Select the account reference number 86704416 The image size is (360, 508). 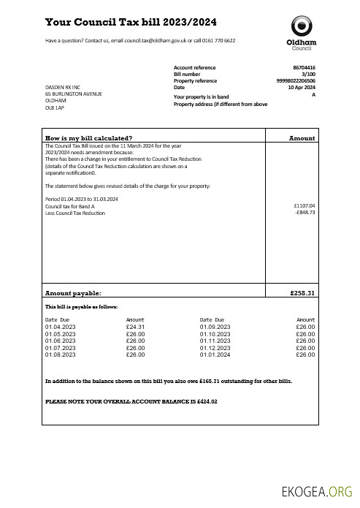304,67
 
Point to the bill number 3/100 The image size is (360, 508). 309,74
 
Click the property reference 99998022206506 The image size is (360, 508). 296,80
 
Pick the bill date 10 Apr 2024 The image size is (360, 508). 302,88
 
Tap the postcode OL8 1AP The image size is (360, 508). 54,107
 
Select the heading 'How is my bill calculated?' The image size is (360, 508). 88,137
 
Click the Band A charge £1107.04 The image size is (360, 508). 303,206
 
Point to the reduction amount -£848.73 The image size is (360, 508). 304,213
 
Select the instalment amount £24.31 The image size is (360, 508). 135,327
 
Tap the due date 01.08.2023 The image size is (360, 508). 60,355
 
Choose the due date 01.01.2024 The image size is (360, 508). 215,355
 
